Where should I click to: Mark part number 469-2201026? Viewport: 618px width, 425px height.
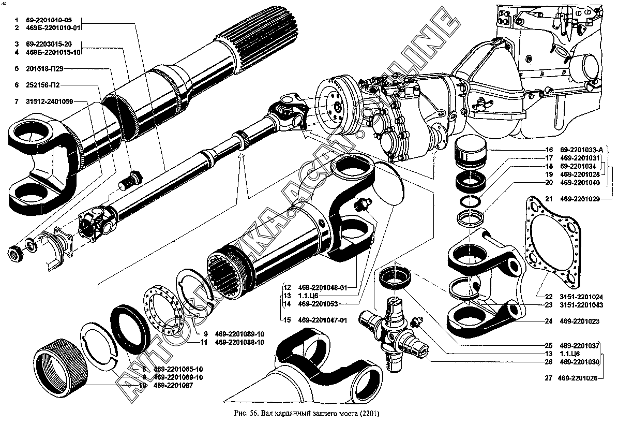click(578, 378)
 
